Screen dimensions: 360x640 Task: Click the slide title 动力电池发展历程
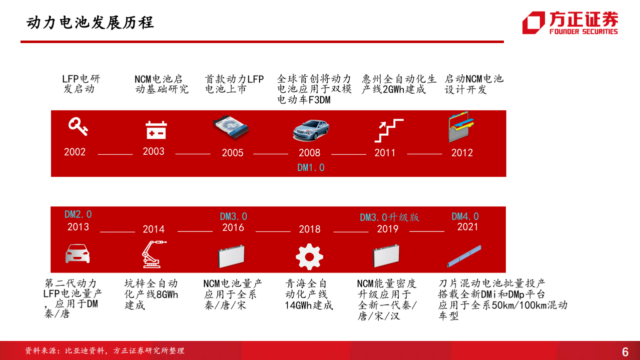click(x=90, y=23)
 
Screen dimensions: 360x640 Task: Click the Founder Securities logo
click(x=570, y=23)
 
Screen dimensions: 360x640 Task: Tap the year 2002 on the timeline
click(x=75, y=152)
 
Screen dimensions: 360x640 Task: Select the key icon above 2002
click(x=78, y=127)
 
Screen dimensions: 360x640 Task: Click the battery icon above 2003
click(x=156, y=130)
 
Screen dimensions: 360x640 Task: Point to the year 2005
click(x=233, y=153)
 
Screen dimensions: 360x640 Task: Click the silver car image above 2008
click(x=311, y=130)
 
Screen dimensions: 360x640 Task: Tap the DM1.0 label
click(x=311, y=168)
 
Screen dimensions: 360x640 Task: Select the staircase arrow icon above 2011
click(x=388, y=130)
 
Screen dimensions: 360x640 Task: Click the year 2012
click(x=462, y=153)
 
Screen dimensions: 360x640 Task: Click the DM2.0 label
click(x=78, y=214)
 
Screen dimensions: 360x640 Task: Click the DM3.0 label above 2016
click(x=234, y=216)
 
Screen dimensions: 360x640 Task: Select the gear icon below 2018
click(x=309, y=256)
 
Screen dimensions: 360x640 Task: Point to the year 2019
click(x=387, y=229)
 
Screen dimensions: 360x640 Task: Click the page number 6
click(x=625, y=351)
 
